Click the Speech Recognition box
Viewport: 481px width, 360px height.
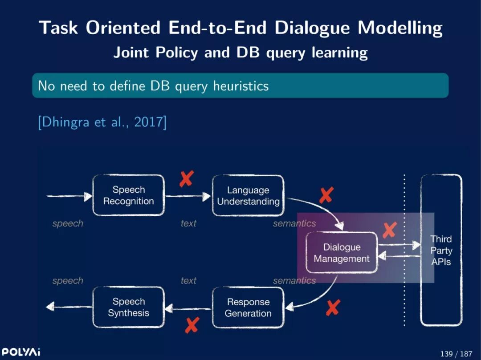coord(128,195)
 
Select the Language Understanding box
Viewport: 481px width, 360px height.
coord(248,196)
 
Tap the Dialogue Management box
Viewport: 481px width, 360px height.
coord(342,253)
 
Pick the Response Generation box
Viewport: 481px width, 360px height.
coord(248,307)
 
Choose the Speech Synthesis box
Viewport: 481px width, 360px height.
coord(128,307)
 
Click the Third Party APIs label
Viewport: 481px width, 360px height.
coord(441,251)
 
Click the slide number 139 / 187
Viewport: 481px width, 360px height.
coord(456,354)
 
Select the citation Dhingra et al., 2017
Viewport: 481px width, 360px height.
coord(102,122)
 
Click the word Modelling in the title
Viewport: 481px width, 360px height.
coord(400,28)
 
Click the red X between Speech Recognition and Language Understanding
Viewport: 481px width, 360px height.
coord(186,178)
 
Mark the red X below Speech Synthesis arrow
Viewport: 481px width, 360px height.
coord(192,325)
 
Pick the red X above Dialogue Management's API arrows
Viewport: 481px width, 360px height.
coord(390,230)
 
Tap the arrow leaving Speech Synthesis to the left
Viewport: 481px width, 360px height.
coord(69,307)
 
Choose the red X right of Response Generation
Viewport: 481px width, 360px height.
coord(333,307)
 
